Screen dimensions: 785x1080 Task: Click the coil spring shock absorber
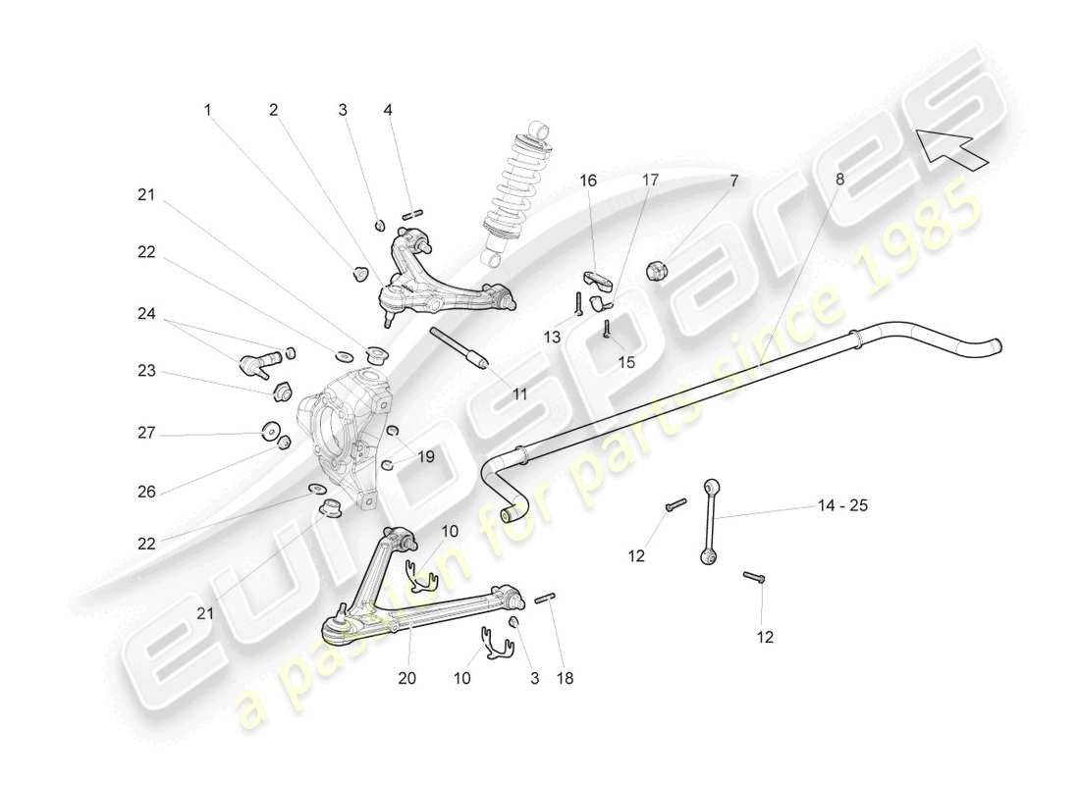513,193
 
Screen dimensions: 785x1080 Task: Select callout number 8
839,179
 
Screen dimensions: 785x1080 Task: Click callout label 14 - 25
842,506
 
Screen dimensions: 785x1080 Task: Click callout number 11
519,393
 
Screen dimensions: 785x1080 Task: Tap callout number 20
408,677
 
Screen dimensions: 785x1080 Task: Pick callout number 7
733,181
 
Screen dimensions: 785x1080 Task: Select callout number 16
588,181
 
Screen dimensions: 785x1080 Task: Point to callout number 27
146,432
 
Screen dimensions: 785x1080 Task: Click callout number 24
146,314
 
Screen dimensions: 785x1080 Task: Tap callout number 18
567,677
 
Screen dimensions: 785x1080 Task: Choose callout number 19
425,455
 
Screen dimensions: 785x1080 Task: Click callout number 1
207,111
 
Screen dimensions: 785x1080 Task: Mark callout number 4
388,111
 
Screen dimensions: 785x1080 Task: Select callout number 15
625,361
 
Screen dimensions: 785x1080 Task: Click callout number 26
146,492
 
